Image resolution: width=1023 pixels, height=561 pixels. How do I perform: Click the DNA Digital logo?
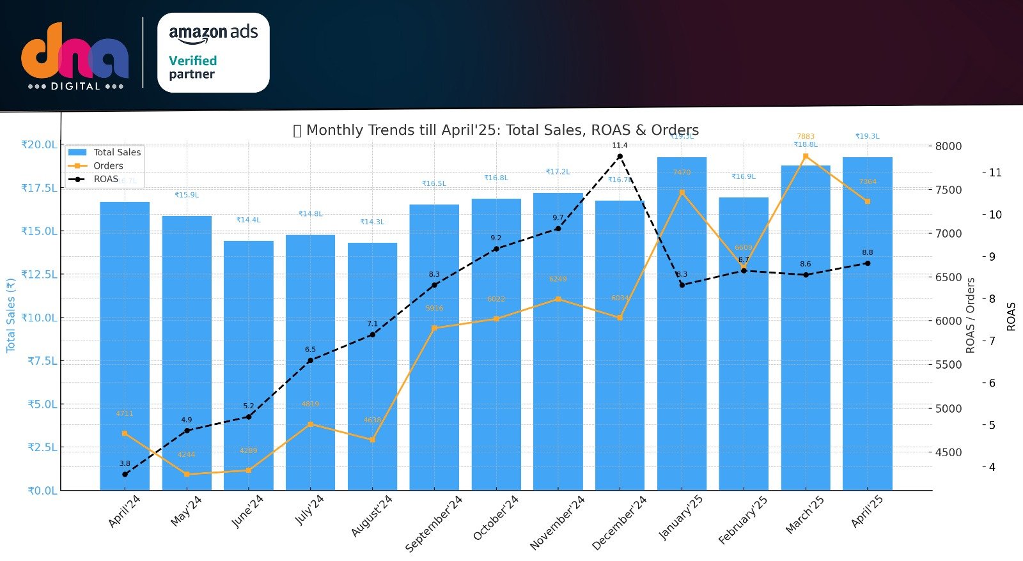[x=75, y=56]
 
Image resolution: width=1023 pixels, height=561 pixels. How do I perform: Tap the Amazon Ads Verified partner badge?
[x=213, y=53]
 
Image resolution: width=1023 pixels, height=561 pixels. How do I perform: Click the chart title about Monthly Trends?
[x=496, y=130]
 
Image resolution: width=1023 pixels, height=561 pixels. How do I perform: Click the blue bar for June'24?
[x=249, y=364]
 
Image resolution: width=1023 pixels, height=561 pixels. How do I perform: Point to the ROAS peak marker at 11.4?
[x=620, y=157]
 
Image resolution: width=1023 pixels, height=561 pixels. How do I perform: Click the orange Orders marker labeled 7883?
[x=806, y=156]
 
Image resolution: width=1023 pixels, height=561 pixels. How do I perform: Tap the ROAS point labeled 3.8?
[x=125, y=474]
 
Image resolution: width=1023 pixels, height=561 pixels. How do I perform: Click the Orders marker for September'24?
[x=434, y=328]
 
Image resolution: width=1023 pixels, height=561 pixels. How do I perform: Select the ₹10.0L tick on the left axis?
[x=39, y=318]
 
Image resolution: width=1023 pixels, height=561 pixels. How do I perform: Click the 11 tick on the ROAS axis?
[x=995, y=173]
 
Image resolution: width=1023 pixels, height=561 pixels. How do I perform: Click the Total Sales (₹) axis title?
[x=10, y=315]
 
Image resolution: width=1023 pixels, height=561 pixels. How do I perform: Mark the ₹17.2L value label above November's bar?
[x=558, y=172]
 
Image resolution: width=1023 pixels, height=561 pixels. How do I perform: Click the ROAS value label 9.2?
[x=496, y=238]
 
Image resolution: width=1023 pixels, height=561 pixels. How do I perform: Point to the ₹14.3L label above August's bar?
[x=372, y=222]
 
